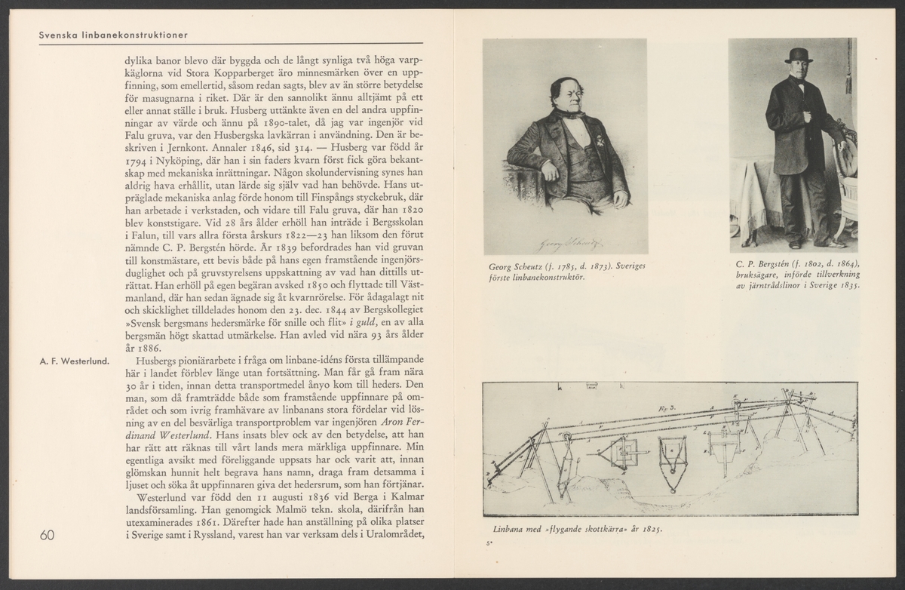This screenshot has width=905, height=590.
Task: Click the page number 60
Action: pyautogui.click(x=47, y=535)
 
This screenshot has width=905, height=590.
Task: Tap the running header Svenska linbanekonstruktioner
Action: pyautogui.click(x=113, y=35)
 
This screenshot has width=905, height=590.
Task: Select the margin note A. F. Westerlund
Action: pyautogui.click(x=74, y=360)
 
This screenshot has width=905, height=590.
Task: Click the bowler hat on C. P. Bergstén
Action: pyautogui.click(x=797, y=55)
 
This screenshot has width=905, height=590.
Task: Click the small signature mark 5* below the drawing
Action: pyautogui.click(x=488, y=542)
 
